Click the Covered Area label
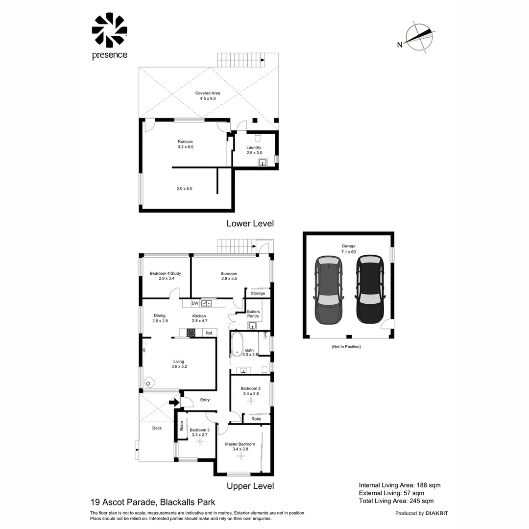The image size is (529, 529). tap(208, 96)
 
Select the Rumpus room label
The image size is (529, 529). tap(186, 144)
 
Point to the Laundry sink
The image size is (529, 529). tap(263, 163)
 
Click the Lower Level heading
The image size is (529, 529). tap(250, 223)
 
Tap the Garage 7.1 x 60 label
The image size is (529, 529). tap(349, 249)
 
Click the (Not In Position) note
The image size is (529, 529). tap(346, 347)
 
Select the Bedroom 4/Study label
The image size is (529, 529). tap(165, 276)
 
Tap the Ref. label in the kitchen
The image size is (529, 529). tap(209, 333)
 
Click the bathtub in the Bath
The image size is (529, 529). tap(237, 343)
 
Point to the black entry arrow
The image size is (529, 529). tap(173, 403)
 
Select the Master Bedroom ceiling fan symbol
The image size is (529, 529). tap(240, 456)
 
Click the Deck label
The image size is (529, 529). tap(157, 428)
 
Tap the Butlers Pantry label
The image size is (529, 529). tap(253, 314)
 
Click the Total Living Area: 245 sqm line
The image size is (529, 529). tap(396, 501)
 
